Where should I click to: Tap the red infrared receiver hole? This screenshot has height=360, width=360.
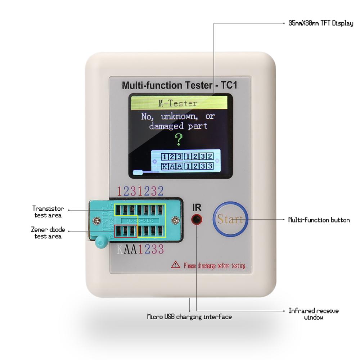pos(197,219)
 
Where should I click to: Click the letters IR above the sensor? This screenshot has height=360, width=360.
pos(197,207)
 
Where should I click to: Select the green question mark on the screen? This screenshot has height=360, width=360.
pos(179,139)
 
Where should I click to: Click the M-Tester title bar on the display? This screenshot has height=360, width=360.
pos(179,104)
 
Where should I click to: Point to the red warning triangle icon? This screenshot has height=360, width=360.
pos(175,265)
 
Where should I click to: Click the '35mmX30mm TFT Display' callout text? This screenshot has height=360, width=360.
pos(320,23)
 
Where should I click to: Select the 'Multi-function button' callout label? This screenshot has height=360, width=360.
pos(319,220)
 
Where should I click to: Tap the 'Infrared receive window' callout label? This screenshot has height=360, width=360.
pos(313,314)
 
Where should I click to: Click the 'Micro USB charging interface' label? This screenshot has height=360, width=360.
pos(189,317)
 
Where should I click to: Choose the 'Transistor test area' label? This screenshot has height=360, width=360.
pos(48,212)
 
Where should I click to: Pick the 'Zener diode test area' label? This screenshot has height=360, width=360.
pos(48,233)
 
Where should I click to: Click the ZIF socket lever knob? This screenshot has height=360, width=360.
pos(100,243)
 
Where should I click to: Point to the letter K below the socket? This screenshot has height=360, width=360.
pos(120,249)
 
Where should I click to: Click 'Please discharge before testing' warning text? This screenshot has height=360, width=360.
pos(214,266)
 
